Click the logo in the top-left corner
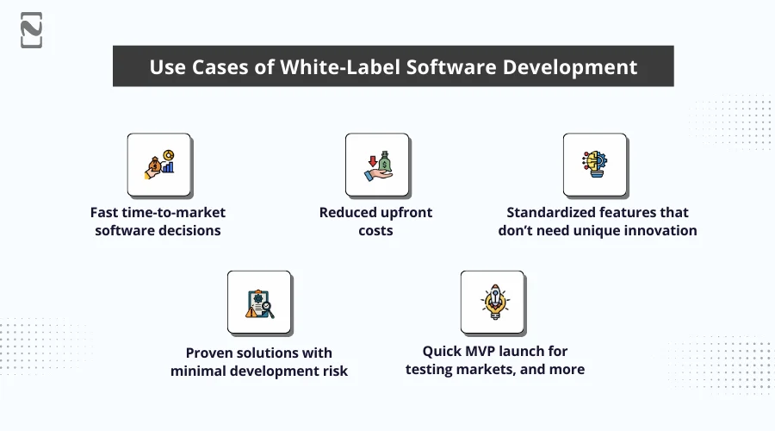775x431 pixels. click(32, 30)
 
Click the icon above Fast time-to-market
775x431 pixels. click(159, 165)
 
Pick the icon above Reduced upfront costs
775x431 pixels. click(376, 165)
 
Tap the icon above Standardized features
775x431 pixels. click(595, 165)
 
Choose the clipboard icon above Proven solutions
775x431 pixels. click(259, 303)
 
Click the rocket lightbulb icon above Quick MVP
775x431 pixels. click(492, 303)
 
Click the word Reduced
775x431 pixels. click(347, 212)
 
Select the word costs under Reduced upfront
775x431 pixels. click(375, 231)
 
